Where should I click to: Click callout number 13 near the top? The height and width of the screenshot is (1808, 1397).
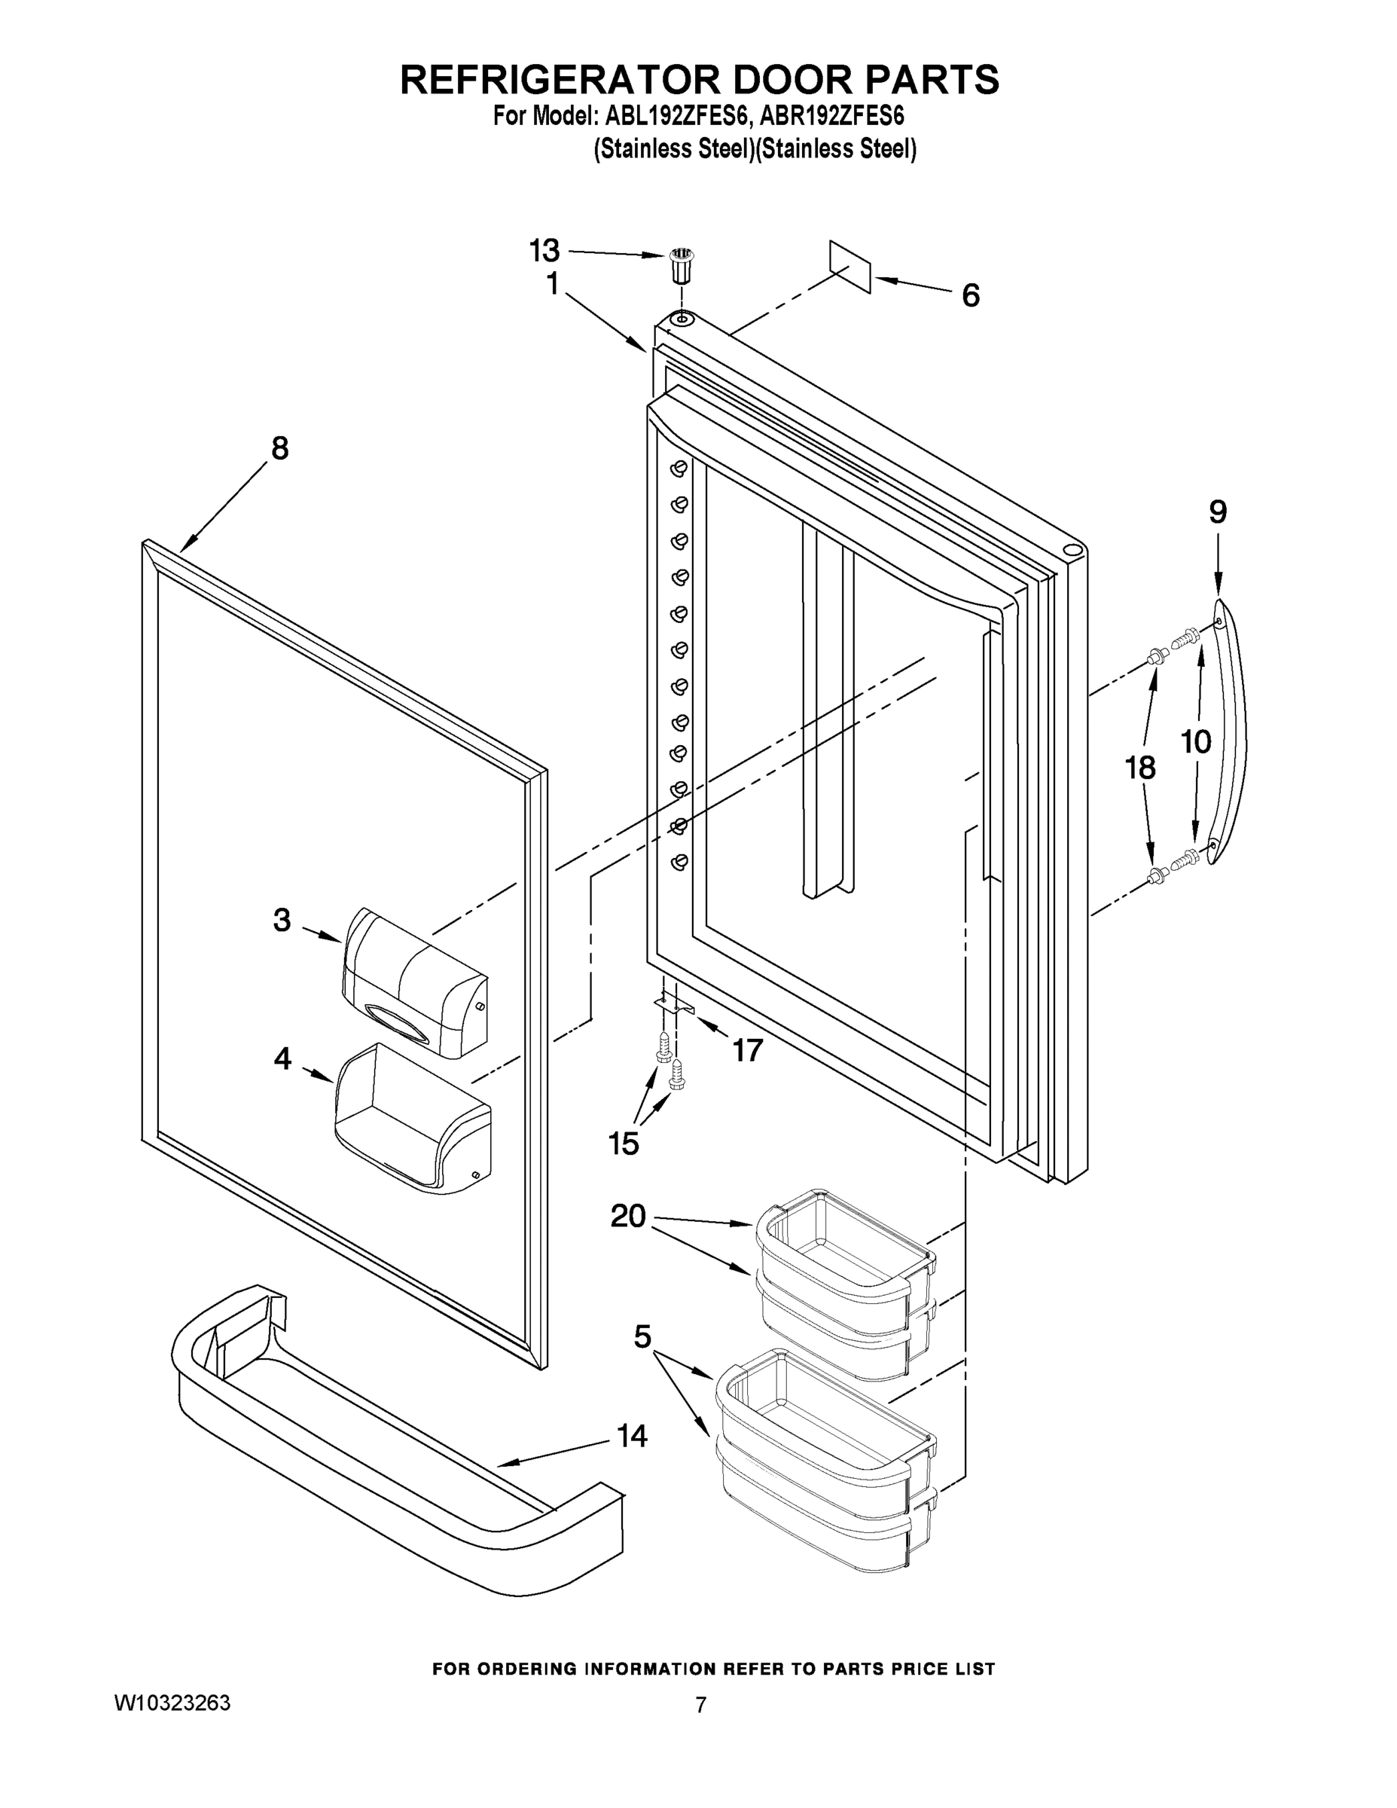click(x=544, y=250)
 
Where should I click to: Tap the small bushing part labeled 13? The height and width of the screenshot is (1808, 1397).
click(x=680, y=267)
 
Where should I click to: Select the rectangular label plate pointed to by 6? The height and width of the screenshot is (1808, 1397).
click(x=851, y=267)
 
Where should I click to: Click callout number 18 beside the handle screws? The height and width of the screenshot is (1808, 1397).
click(x=1139, y=768)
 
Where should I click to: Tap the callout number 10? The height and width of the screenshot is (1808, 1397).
click(x=1195, y=742)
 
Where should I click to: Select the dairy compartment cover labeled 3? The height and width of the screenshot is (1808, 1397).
click(x=413, y=981)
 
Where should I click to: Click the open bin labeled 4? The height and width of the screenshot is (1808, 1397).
click(x=411, y=1118)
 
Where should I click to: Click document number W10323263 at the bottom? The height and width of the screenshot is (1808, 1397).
click(x=172, y=1703)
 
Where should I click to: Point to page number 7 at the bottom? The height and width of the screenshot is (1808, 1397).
click(x=700, y=1706)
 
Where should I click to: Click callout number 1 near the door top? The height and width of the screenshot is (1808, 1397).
click(x=553, y=284)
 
